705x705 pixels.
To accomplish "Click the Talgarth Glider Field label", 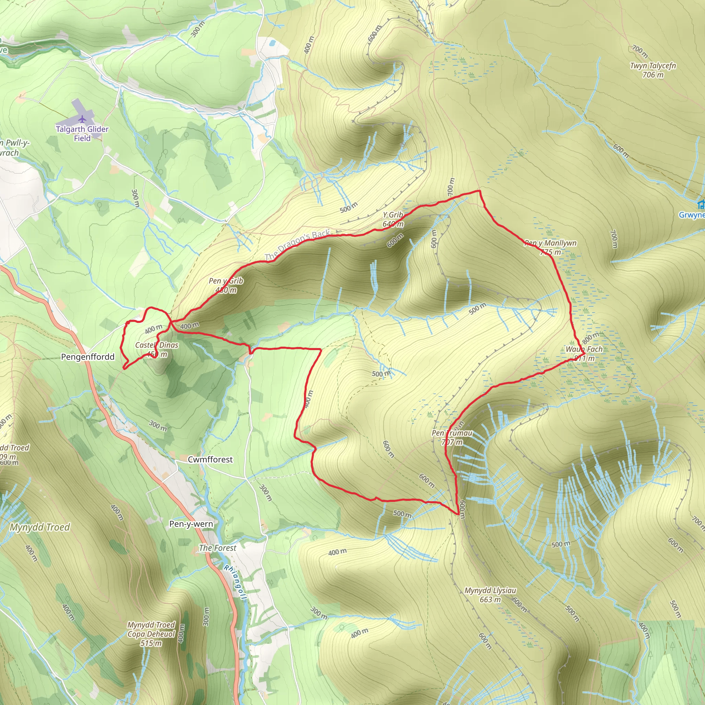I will tap(82, 134).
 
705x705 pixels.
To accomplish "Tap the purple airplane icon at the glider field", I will tap(83, 119).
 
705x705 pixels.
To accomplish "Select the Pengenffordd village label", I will tap(87, 357).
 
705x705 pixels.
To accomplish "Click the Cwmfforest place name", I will tap(210, 460).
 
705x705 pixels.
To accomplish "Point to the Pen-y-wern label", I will tap(191, 524).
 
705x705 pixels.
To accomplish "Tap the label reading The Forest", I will tap(218, 548).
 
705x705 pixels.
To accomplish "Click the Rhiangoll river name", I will tap(236, 582).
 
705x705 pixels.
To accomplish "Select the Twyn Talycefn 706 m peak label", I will tap(653, 70).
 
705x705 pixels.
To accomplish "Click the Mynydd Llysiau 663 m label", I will tap(490, 595).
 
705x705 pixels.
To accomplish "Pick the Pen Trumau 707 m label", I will tap(452, 437).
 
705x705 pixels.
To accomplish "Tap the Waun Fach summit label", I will tap(584, 353).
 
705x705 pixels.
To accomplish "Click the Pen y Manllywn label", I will tap(550, 247).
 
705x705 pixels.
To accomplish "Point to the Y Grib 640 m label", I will tap(393, 219).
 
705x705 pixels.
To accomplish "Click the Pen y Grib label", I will tap(226, 285).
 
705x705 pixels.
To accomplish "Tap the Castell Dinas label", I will tap(157, 349).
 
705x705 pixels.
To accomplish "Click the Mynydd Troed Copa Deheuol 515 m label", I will tap(151, 634).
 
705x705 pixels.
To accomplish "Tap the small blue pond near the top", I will tap(272, 43).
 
